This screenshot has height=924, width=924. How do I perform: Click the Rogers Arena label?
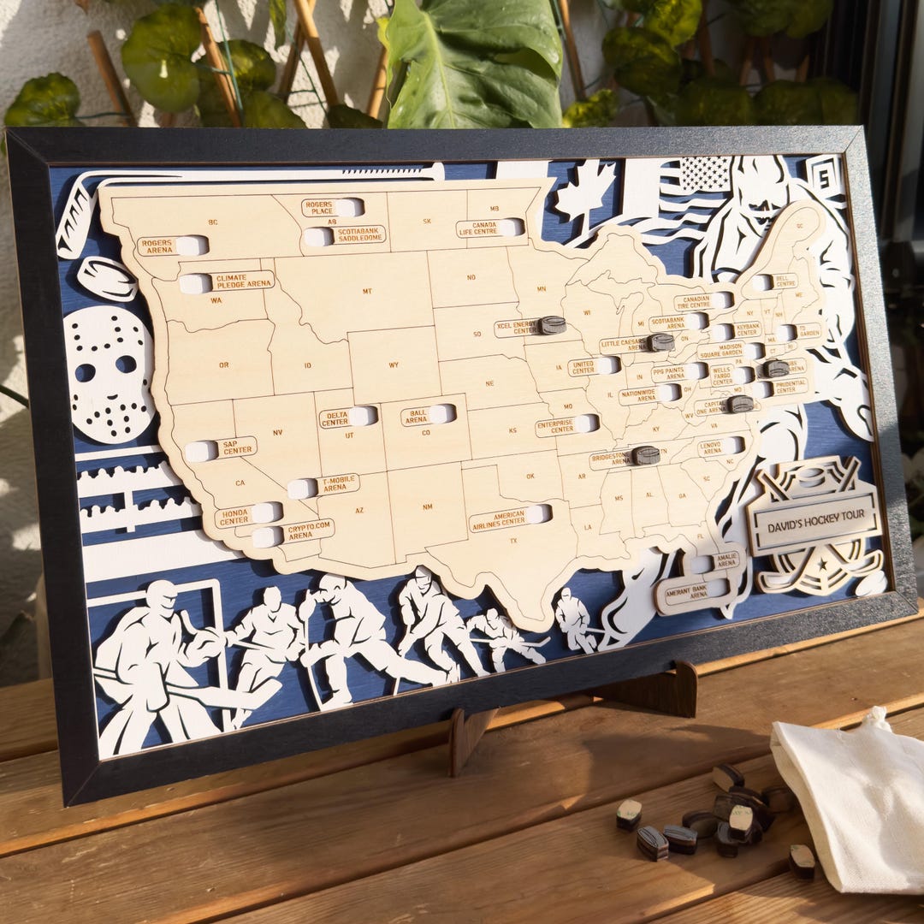pyautogui.click(x=157, y=246)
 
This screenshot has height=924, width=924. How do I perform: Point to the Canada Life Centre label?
pyautogui.click(x=477, y=228)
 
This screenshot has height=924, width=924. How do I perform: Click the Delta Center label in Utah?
pyautogui.click(x=335, y=418)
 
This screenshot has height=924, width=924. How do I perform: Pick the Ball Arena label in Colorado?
pyautogui.click(x=415, y=417)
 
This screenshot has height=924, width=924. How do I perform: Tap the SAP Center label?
pyautogui.click(x=236, y=447)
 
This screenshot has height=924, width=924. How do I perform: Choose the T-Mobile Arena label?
pyautogui.click(x=339, y=485)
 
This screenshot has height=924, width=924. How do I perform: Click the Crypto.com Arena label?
pyautogui.click(x=308, y=530)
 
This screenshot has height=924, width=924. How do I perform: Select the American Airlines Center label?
pyautogui.click(x=498, y=518)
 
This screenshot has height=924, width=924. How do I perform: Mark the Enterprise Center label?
pyautogui.click(x=556, y=426)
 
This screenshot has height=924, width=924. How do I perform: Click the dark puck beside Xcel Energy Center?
pyautogui.click(x=553, y=325)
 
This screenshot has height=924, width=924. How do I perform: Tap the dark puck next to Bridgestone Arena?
pyautogui.click(x=646, y=455)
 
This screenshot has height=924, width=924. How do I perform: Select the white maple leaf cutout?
pyautogui.click(x=586, y=189)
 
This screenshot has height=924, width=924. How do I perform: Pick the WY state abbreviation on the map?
pyautogui.click(x=394, y=365)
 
